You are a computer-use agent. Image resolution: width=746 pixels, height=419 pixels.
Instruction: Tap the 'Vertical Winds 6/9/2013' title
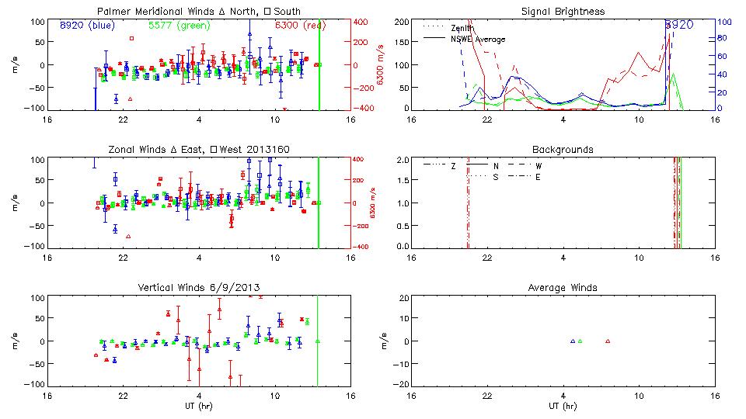pos(198,288)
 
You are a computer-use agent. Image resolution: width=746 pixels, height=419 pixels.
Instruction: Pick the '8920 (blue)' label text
pos(85,25)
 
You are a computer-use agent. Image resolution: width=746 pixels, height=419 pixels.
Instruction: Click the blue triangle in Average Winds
pos(573,341)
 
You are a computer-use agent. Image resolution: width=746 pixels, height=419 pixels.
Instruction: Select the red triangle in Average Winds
pos(608,341)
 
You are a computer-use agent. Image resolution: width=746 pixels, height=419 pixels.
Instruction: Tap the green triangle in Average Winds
pos(580,341)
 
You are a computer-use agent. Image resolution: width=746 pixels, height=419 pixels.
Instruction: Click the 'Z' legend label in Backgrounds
pos(453,166)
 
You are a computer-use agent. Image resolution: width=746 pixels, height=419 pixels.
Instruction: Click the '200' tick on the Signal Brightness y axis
pos(402,22)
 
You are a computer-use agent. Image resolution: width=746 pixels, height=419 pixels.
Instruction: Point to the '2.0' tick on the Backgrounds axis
pos(403,160)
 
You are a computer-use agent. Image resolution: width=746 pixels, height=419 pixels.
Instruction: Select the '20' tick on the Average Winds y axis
pos(405,298)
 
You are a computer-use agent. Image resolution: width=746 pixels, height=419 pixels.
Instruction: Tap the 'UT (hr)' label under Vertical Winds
pos(198,406)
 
